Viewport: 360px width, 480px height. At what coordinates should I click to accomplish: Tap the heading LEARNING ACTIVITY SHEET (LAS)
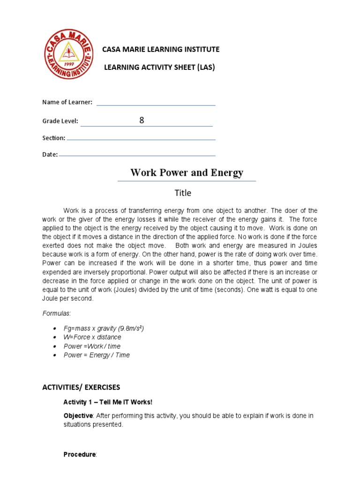[159, 67]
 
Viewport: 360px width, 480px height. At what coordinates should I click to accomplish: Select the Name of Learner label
[67, 102]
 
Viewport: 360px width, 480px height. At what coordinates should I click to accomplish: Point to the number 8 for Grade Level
[142, 120]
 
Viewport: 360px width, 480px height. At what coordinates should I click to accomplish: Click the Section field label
[53, 138]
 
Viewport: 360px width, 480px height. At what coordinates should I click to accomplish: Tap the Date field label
[50, 154]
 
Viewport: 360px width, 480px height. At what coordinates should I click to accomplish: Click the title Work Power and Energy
[187, 172]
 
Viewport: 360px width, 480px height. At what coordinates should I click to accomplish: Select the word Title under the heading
[183, 193]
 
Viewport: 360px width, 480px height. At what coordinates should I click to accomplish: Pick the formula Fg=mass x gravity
[104, 328]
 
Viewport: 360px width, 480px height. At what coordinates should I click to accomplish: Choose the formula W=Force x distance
[92, 337]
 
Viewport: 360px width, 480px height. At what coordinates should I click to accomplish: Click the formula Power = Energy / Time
[97, 355]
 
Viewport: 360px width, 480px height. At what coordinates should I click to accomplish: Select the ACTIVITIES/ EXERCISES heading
[81, 387]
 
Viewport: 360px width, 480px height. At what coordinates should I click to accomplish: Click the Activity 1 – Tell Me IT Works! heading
[108, 402]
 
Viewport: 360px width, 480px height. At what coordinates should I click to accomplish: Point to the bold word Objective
[78, 416]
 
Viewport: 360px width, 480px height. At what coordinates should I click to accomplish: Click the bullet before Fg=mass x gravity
[54, 329]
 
